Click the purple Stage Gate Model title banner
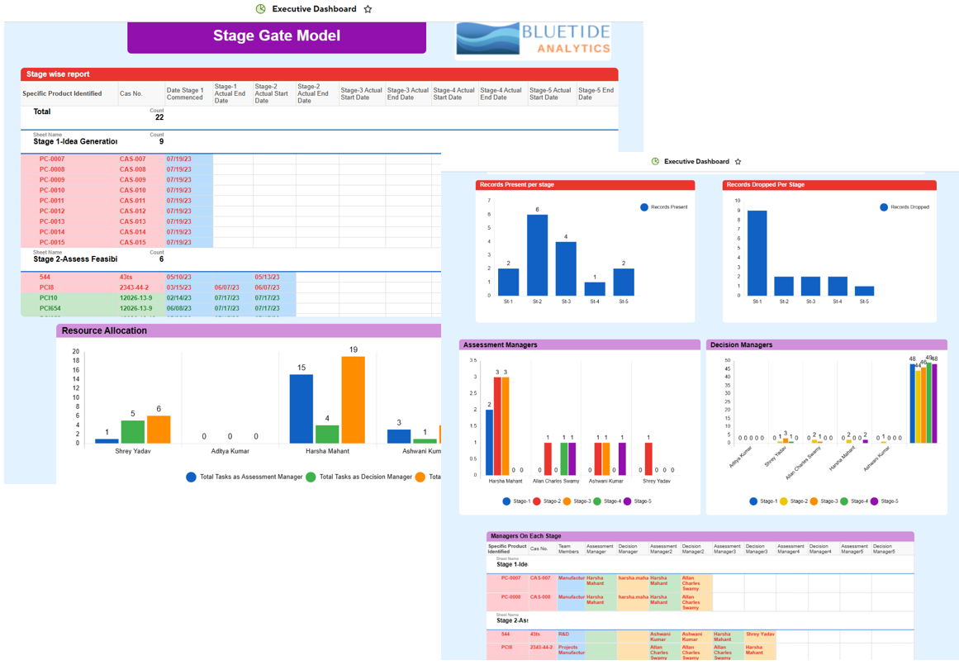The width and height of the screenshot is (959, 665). [277, 36]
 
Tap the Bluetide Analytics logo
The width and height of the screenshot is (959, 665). [533, 40]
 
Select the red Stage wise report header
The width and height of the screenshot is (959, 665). [319, 74]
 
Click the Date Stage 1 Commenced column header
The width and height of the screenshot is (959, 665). [185, 94]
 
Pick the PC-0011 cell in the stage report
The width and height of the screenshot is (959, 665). [52, 201]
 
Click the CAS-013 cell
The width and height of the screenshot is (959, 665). [132, 221]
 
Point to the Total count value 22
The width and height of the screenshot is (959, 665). [159, 117]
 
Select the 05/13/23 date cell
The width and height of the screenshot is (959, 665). [267, 278]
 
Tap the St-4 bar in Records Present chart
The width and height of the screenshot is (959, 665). [595, 288]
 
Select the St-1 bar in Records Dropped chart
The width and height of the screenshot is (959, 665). [757, 253]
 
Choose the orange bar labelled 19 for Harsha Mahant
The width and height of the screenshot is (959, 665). [353, 400]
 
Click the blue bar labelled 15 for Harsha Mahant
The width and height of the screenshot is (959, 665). [301, 409]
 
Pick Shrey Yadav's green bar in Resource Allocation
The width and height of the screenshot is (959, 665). [132, 431]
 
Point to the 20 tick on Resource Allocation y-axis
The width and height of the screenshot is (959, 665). [76, 352]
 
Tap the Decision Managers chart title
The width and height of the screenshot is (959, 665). [741, 344]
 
